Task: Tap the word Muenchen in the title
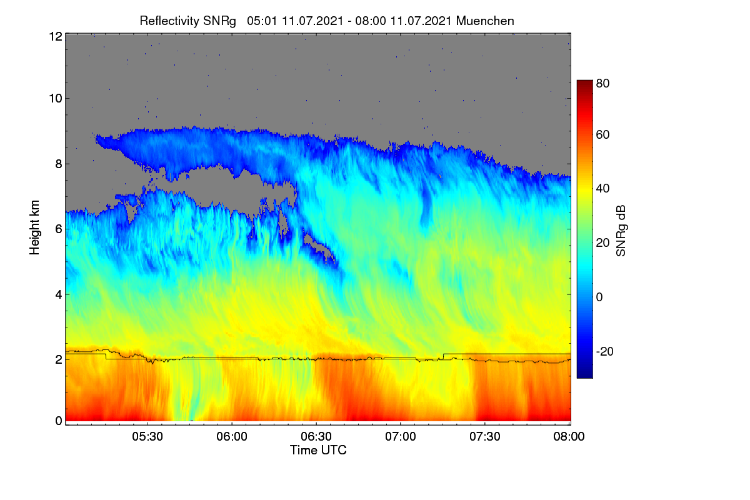pyautogui.click(x=485, y=21)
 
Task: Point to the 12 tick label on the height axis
pyautogui.click(x=56, y=36)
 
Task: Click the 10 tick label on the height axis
pyautogui.click(x=56, y=99)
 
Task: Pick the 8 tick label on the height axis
pyautogui.click(x=59, y=164)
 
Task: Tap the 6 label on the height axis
pyautogui.click(x=59, y=229)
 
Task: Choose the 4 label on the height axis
pyautogui.click(x=59, y=295)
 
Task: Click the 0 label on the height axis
pyautogui.click(x=59, y=421)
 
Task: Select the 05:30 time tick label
pyautogui.click(x=147, y=436)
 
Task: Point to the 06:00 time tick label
pyautogui.click(x=232, y=436)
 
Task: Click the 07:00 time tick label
pyautogui.click(x=401, y=436)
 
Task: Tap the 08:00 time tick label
pyautogui.click(x=569, y=436)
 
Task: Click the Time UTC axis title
pyautogui.click(x=318, y=450)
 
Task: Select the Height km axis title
pyautogui.click(x=34, y=227)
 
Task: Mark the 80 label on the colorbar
pyautogui.click(x=602, y=83)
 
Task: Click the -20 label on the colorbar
pyautogui.click(x=605, y=351)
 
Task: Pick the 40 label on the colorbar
pyautogui.click(x=602, y=189)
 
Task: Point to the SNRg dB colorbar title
pyautogui.click(x=621, y=231)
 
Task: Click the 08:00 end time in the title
pyautogui.click(x=371, y=21)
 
